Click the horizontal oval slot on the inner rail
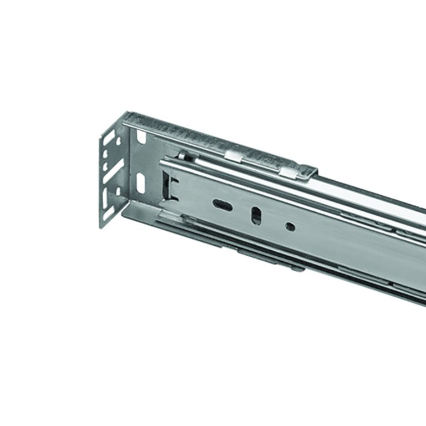[x=222, y=205]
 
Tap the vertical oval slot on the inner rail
[x=256, y=215]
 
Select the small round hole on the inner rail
[x=290, y=226]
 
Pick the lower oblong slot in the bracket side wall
[x=140, y=183]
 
